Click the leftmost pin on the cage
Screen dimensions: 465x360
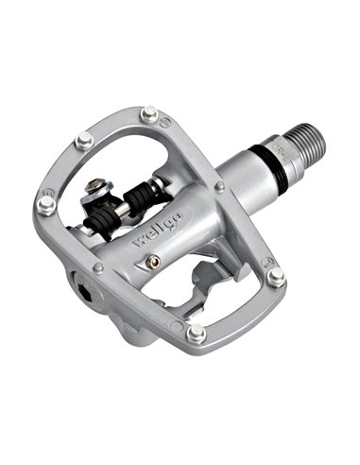44,204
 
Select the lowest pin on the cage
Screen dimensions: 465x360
196,333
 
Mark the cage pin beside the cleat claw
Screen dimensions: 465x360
275,277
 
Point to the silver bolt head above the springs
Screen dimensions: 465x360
96,190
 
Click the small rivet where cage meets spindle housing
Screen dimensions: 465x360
218,188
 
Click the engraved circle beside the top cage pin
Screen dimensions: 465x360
165,120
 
